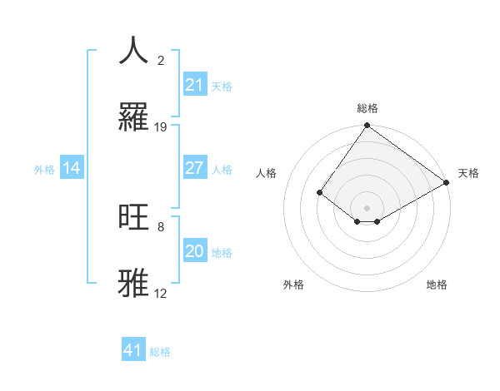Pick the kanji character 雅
(134, 283)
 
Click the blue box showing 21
(195, 85)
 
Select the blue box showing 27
(195, 168)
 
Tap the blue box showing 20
(195, 251)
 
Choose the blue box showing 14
(72, 168)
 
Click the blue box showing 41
(133, 350)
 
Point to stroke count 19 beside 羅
(161, 127)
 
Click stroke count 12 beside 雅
(161, 294)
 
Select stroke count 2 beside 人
(161, 61)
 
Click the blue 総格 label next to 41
(160, 352)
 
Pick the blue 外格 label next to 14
(44, 169)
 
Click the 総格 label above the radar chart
(367, 108)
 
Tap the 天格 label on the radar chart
(468, 173)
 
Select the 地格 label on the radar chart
(437, 285)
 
